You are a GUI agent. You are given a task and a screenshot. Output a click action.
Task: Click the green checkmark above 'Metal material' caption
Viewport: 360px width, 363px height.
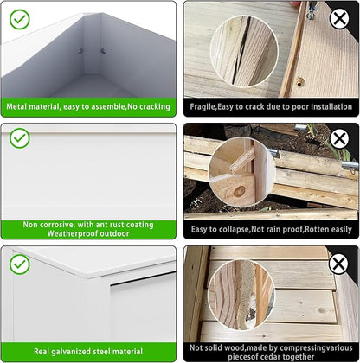tap(20, 19)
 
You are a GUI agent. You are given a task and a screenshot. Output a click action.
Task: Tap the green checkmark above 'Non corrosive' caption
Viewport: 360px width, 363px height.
tap(20, 138)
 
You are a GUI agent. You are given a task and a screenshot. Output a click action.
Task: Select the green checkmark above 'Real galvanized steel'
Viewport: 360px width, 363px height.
tap(20, 264)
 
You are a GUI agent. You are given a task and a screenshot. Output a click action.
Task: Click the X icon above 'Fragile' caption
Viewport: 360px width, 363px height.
tap(339, 18)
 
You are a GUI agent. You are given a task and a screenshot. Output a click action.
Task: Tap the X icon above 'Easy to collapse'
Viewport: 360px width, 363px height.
tap(339, 139)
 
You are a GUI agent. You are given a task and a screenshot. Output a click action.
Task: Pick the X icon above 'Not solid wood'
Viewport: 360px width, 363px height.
tap(338, 264)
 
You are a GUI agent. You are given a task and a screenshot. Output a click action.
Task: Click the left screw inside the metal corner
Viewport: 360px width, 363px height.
tap(80, 51)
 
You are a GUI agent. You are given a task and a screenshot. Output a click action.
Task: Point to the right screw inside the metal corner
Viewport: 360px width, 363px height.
tap(103, 51)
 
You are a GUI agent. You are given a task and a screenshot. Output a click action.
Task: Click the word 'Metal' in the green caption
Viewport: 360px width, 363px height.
tap(16, 106)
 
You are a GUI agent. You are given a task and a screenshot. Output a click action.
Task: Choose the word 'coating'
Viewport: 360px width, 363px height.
tap(141, 225)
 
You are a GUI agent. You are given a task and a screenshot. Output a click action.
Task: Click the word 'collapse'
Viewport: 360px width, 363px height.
tap(235, 229)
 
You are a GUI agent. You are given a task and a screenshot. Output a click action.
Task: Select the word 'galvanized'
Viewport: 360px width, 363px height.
tap(73, 352)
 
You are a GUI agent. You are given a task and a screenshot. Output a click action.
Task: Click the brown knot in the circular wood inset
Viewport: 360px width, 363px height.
tap(239, 191)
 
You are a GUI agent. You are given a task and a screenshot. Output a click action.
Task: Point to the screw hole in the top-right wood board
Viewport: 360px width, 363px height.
tap(299, 83)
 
